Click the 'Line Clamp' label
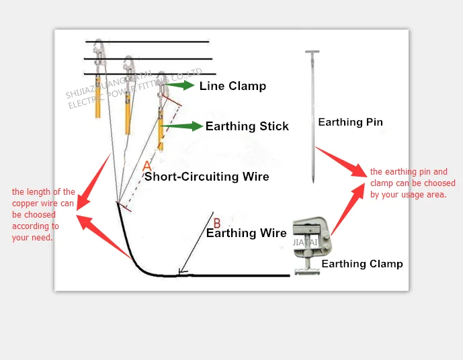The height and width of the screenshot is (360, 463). [233, 86]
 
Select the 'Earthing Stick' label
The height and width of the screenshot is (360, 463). [247, 126]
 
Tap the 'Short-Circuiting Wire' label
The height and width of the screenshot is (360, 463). [207, 177]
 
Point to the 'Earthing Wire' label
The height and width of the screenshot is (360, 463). [246, 233]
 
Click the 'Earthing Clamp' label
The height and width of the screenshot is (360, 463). [362, 264]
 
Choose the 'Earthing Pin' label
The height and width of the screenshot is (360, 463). [350, 122]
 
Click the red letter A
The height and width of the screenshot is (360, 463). [148, 165]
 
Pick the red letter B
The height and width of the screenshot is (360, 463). [216, 222]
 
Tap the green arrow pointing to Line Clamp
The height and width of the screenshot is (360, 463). [180, 85]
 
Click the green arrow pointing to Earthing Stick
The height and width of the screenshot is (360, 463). [183, 126]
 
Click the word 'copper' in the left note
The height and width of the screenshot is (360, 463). [25, 203]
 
